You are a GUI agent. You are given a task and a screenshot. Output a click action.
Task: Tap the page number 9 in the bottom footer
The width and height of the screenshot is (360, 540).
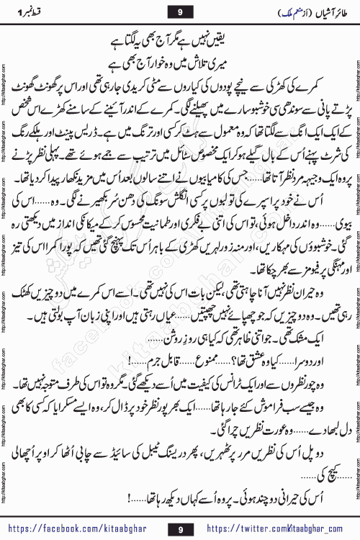(x=181, y=528)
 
